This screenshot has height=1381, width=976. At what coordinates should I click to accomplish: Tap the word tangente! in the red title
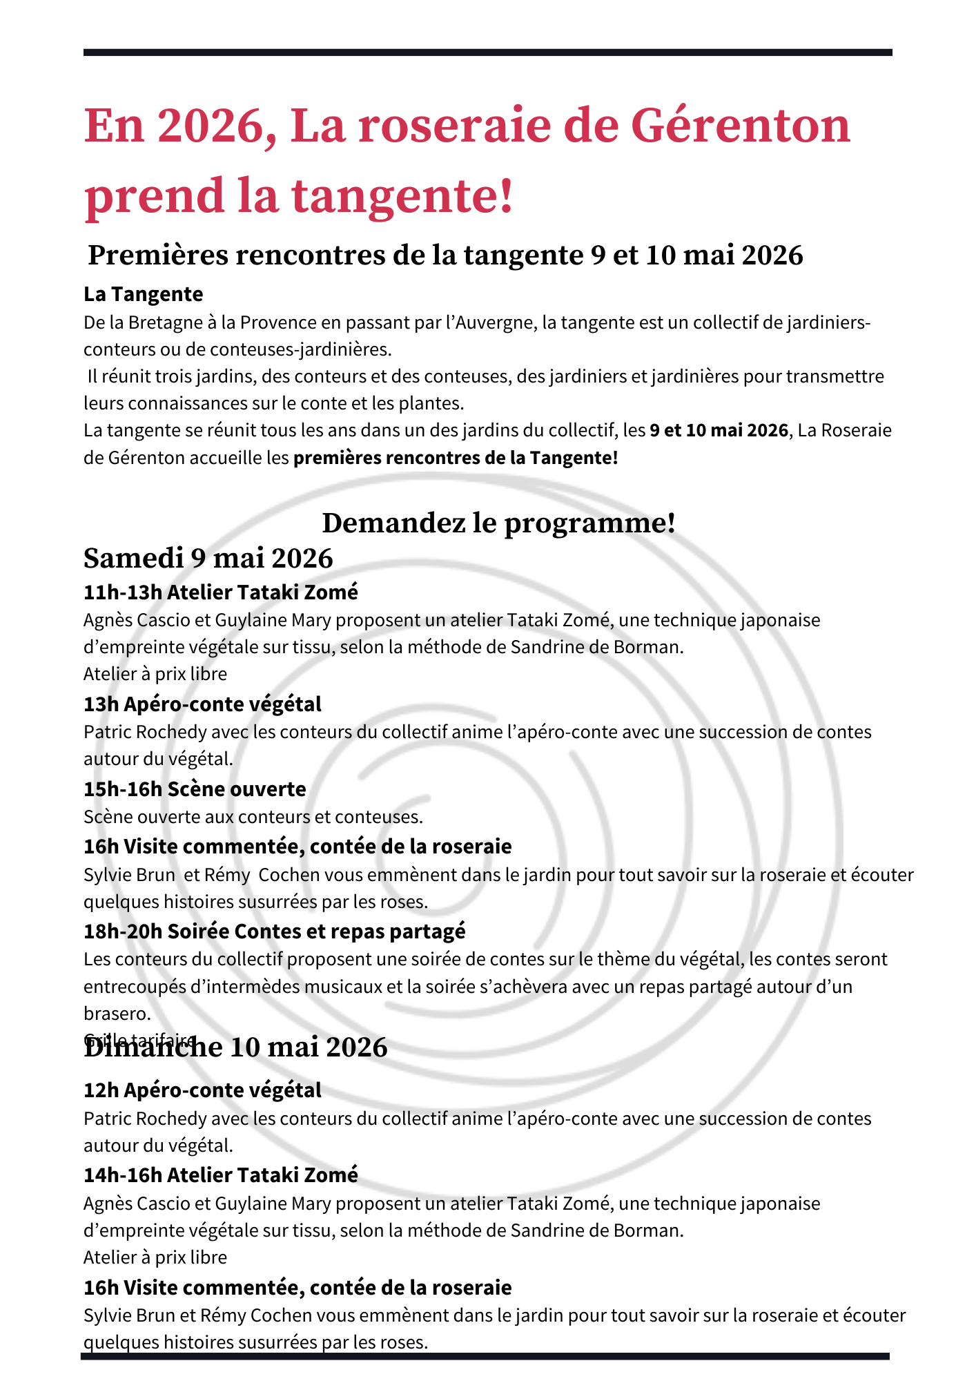[403, 195]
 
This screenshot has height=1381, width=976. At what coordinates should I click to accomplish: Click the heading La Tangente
[143, 294]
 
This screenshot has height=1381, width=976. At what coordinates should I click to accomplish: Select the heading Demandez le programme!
[498, 523]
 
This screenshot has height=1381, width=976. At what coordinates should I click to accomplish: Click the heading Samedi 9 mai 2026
[208, 558]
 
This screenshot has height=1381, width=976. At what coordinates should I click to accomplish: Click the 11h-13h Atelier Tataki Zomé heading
[221, 592]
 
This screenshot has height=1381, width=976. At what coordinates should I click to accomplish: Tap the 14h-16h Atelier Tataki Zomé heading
[221, 1175]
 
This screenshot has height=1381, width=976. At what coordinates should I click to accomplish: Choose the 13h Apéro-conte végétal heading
[202, 704]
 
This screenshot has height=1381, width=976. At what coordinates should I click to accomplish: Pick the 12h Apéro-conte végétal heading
[202, 1090]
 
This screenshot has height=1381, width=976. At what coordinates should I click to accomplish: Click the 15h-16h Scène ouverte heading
[195, 789]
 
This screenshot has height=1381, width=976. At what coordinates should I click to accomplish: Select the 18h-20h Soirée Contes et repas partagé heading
[274, 931]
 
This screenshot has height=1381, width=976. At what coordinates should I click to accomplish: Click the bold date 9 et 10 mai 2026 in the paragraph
[719, 430]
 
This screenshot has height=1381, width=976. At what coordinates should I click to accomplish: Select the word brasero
[117, 1014]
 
